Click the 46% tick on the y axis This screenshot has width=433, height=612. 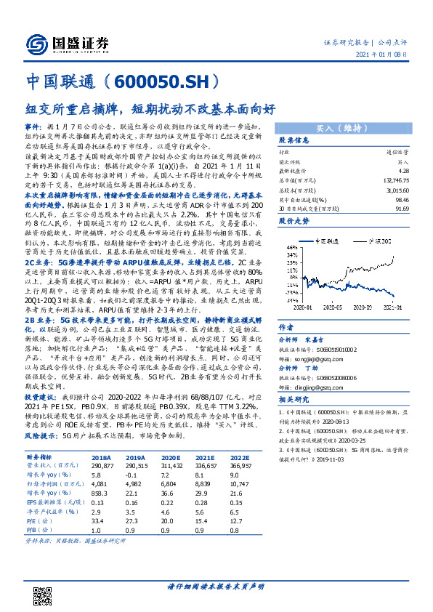click(292, 246)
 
